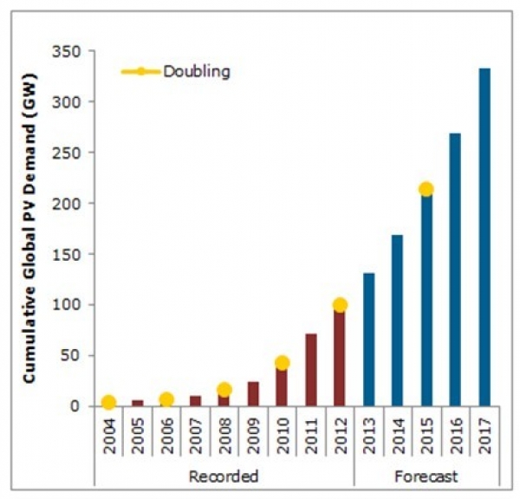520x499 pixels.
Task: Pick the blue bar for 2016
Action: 455,269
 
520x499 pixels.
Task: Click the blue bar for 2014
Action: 397,321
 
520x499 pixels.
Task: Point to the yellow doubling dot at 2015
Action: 426,190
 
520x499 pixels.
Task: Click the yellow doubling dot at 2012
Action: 340,305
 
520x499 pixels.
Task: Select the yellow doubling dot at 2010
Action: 282,363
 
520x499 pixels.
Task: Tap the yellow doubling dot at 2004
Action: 108,402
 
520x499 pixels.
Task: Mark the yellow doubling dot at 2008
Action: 224,390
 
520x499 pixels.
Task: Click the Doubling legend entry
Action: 196,71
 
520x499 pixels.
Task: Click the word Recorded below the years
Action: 224,476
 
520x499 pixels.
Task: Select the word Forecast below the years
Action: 426,476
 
